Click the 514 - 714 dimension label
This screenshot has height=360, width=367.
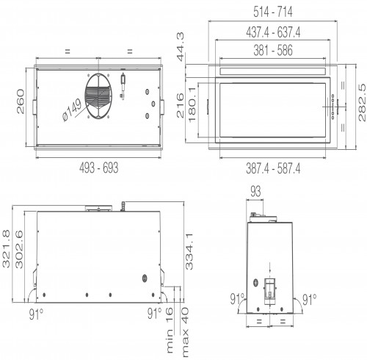[x=273, y=12]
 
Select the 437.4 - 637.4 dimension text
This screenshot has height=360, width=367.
[x=273, y=32]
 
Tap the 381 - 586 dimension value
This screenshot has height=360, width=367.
[x=273, y=50]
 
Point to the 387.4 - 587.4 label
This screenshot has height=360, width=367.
[x=273, y=168]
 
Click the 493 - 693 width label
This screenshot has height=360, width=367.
[x=98, y=168]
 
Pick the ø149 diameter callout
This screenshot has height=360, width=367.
[x=72, y=110]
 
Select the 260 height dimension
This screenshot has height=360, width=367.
[x=21, y=101]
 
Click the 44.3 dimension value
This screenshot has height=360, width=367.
[x=181, y=47]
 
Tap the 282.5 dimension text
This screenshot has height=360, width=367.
[x=362, y=102]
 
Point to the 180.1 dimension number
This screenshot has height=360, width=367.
[x=192, y=104]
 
